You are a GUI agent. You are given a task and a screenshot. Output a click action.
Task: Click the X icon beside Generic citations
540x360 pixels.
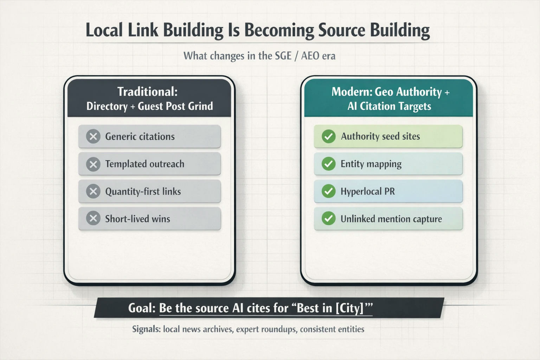point(93,136)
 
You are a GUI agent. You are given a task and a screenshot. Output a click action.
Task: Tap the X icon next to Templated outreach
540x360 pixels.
point(93,164)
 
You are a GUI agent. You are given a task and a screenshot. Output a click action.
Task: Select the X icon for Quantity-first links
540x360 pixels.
point(93,191)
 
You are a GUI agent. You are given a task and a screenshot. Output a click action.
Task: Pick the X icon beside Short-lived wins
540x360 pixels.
point(93,219)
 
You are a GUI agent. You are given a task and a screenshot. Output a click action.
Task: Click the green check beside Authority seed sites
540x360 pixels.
point(329,136)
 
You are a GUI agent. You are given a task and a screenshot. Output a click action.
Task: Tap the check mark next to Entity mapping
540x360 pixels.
point(329,164)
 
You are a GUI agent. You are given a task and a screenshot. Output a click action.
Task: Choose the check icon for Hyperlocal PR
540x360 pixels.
point(329,191)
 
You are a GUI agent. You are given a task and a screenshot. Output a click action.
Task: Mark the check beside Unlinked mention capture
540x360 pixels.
point(329,219)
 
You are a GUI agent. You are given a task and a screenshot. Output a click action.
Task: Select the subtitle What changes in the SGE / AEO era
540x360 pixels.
point(259,56)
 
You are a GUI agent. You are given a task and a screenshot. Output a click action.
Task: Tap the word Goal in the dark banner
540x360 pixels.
point(141,308)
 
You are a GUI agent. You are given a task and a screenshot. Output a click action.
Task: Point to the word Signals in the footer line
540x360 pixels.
point(146,329)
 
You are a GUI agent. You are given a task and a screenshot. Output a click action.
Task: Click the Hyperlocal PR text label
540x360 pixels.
point(367,192)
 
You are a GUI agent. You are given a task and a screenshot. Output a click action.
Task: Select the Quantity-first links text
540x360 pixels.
point(143,192)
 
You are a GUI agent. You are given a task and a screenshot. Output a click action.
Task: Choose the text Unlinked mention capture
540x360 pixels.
point(391,219)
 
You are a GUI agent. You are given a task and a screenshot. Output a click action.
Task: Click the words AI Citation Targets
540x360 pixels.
point(389,106)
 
